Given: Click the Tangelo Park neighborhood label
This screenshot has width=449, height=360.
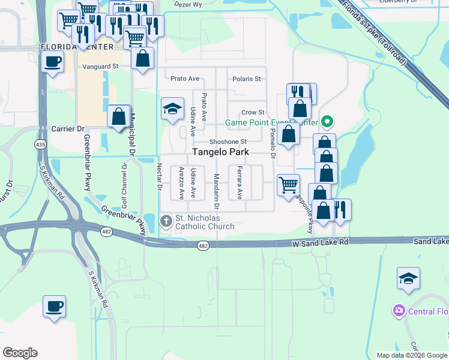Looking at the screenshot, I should point(220,152).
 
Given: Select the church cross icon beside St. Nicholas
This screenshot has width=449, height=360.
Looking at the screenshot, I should point(166,222).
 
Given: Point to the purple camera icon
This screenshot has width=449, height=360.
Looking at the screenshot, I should point(399,311).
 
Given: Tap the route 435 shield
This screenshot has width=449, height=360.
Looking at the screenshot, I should point(40,145).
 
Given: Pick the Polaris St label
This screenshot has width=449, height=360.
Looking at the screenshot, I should point(246,79).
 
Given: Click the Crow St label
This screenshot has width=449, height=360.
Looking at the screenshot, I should point(253,112).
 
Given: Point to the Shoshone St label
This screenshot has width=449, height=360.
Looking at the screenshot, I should point(228,142).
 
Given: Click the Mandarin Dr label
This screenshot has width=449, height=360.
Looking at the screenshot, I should point(217,186).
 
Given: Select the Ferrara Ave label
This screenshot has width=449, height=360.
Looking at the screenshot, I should point(239,182).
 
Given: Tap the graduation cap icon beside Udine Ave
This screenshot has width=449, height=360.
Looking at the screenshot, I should point(172,109).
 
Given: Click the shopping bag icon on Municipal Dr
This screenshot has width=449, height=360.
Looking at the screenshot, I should point(119,115).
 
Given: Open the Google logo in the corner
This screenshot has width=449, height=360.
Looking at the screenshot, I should point(20,353).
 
